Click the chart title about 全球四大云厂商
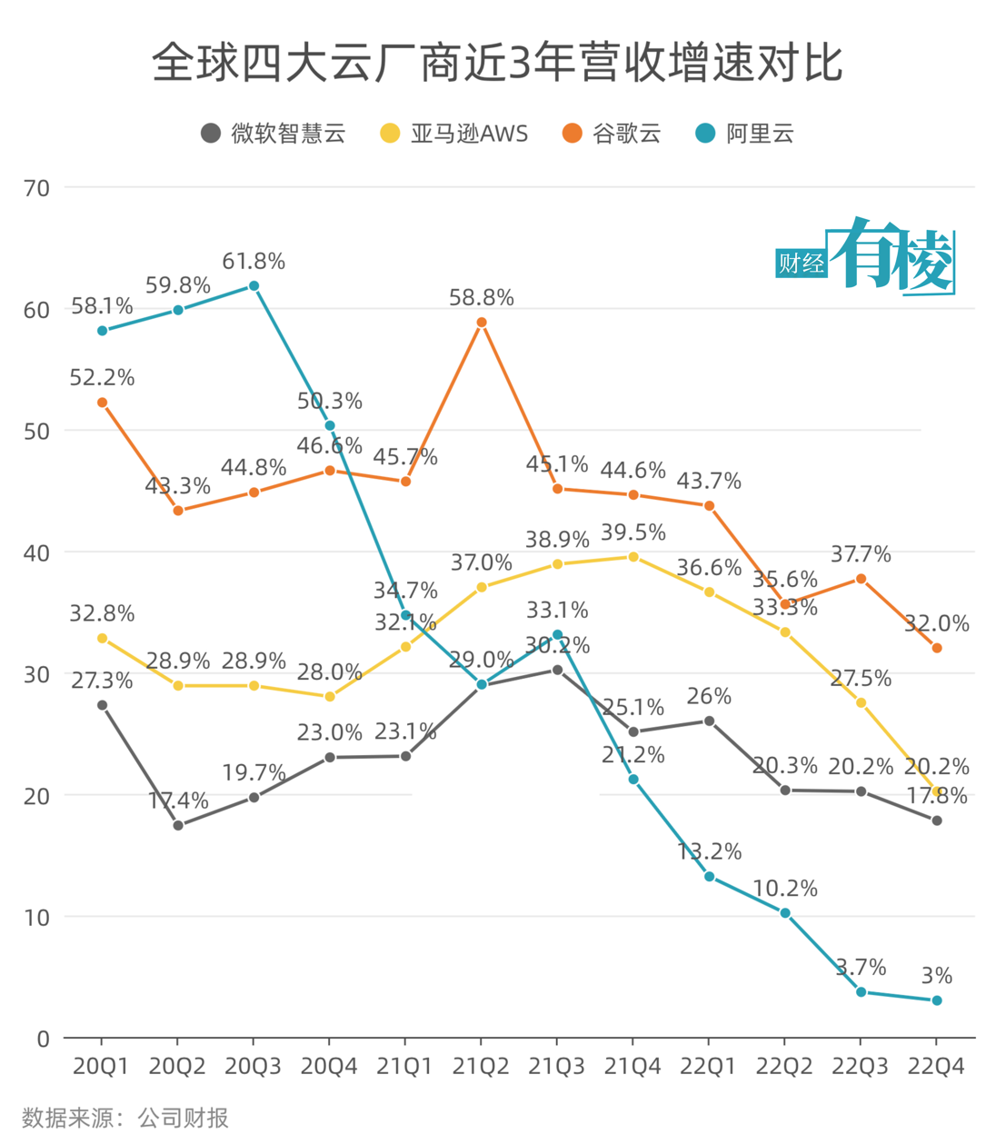497,64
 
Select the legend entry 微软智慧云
274,134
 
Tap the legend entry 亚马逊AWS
453,134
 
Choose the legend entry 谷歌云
612,134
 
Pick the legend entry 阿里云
744,134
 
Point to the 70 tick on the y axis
37,188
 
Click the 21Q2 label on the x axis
481,1067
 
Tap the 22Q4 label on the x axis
936,1067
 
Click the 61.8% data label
254,262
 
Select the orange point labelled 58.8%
482,323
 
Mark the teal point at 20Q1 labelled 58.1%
102,331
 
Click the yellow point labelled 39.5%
633,557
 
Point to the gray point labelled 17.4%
178,825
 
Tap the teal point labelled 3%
937,1000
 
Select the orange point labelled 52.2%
102,403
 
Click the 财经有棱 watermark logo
865,257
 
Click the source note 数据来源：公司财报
125,1117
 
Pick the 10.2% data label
785,889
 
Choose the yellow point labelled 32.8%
102,639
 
